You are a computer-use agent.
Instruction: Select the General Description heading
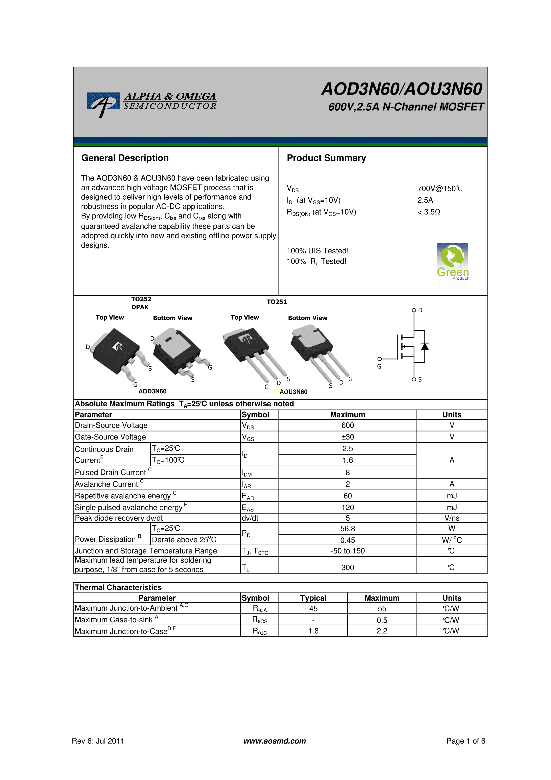click(x=125, y=158)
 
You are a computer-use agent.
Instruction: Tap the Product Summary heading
click(x=326, y=158)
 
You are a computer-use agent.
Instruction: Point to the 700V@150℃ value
click(x=440, y=188)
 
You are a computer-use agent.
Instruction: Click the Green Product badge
click(x=453, y=264)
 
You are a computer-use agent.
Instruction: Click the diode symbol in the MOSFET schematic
click(x=424, y=347)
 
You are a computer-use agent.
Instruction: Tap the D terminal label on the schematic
click(x=420, y=310)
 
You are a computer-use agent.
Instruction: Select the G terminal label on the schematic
click(x=379, y=367)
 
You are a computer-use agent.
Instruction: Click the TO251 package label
click(x=277, y=302)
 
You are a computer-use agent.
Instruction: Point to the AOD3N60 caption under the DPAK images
click(x=152, y=391)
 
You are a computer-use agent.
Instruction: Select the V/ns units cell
click(x=451, y=518)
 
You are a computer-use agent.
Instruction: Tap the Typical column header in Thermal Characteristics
click(x=313, y=598)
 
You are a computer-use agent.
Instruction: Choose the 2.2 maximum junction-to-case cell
click(x=382, y=631)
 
